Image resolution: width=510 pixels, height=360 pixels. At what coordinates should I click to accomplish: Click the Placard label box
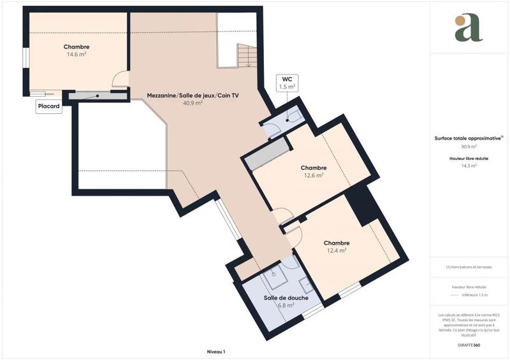pos(49,108)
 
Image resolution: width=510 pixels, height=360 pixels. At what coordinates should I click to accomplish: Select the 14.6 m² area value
pos(76,55)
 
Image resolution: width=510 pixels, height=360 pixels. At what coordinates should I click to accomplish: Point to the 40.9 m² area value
pos(193,103)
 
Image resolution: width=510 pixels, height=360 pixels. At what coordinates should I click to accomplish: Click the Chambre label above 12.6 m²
pos(313,168)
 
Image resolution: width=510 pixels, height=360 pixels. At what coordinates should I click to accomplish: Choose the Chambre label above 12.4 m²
pos(336,243)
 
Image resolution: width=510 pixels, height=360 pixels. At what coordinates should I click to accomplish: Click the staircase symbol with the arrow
pos(246,55)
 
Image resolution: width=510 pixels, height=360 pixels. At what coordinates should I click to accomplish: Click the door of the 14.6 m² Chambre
pos(119,80)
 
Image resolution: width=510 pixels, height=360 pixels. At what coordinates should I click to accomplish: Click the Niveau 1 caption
pos(216,351)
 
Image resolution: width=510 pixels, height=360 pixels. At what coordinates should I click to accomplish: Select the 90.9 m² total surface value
pos(469,146)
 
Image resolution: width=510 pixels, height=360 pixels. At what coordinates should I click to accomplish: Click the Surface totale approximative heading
pos(467,137)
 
